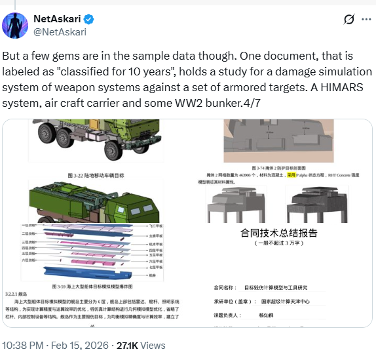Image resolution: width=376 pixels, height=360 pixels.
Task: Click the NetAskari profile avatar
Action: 14,25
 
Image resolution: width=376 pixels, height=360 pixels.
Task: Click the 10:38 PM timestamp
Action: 24,345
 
